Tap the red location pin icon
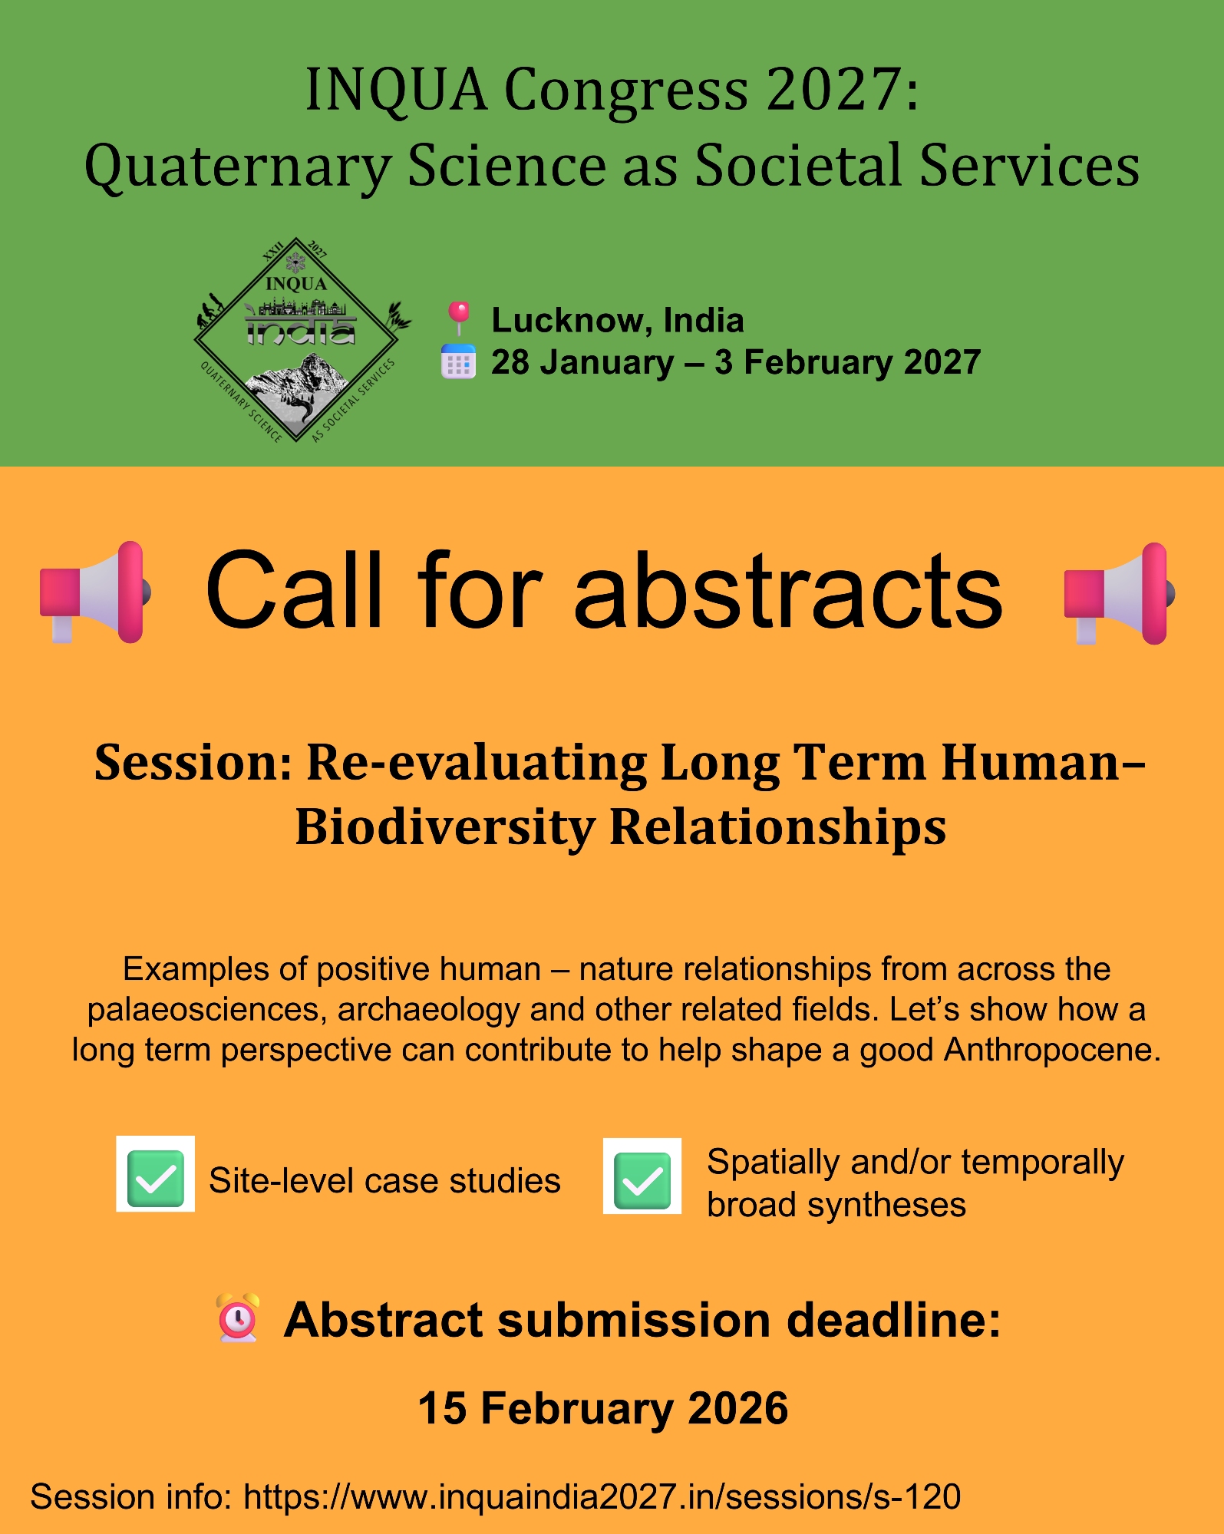[x=459, y=318]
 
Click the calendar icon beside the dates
[x=458, y=361]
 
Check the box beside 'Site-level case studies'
[x=155, y=1174]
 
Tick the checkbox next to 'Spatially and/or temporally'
[x=642, y=1176]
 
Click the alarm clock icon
[x=239, y=1318]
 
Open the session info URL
[x=602, y=1497]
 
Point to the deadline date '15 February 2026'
[x=603, y=1408]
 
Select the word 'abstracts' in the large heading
[x=788, y=590]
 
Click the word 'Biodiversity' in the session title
[x=445, y=828]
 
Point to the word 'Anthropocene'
[x=1052, y=1050]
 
